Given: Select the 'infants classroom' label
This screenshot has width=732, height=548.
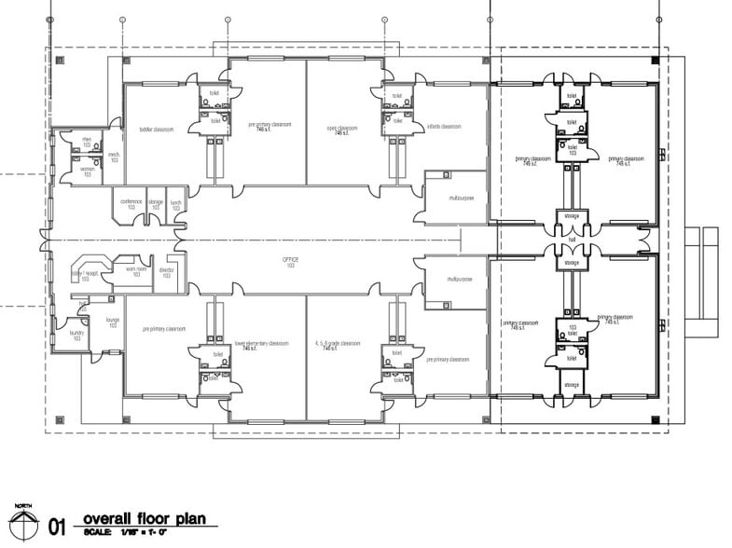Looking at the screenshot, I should pyautogui.click(x=445, y=126).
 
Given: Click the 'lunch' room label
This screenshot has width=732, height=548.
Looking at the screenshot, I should pyautogui.click(x=174, y=201).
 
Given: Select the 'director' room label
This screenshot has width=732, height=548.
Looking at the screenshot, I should pyautogui.click(x=166, y=271).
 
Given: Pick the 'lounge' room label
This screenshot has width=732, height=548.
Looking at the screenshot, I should pyautogui.click(x=113, y=321).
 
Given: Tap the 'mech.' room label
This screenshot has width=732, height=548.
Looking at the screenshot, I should pyautogui.click(x=114, y=157).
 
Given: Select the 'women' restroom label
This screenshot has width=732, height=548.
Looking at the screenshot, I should pyautogui.click(x=87, y=171).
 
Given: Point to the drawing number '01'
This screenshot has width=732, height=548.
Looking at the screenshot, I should pyautogui.click(x=57, y=527).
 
